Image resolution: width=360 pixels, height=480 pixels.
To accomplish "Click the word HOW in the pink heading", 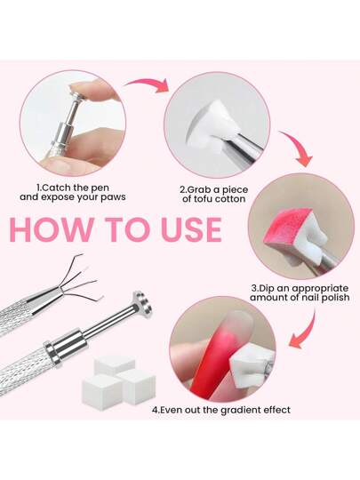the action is (52, 229).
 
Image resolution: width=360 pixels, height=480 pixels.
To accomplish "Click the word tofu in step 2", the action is (203, 199).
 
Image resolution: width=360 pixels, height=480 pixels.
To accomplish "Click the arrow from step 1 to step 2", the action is (148, 84).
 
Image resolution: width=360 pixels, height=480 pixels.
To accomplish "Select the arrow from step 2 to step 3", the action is (297, 148).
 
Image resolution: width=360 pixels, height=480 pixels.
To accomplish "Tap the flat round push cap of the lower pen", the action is (143, 304).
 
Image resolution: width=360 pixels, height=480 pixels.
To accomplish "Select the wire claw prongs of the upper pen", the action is (81, 280).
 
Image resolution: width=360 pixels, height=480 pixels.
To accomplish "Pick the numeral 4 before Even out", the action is (155, 410).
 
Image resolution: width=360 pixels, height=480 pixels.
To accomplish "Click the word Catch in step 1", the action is (55, 188).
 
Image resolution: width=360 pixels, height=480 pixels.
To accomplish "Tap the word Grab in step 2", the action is (199, 189).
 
